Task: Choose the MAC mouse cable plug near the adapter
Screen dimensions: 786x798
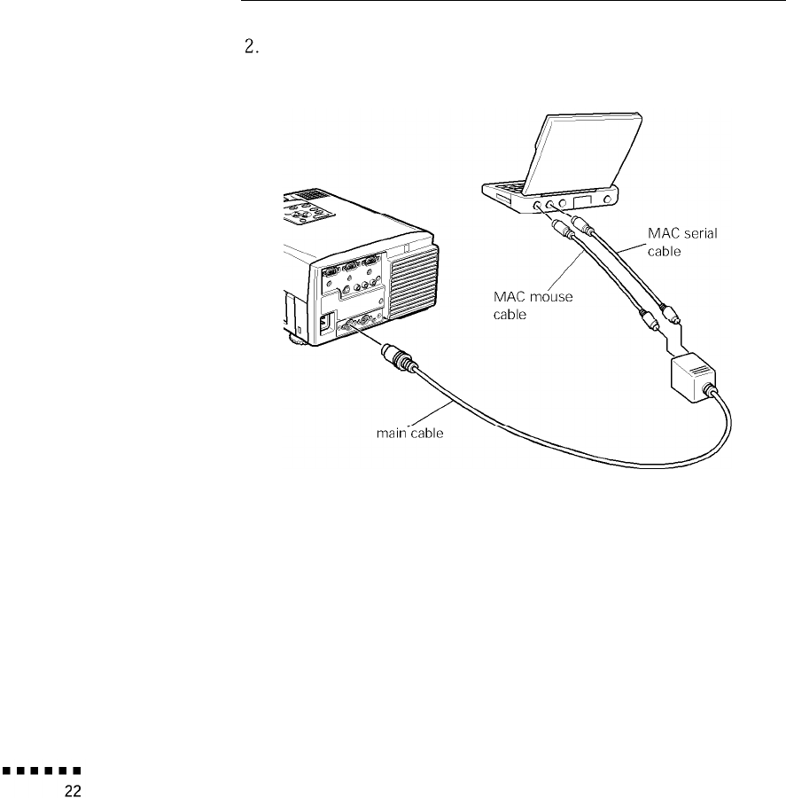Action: pyautogui.click(x=645, y=321)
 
